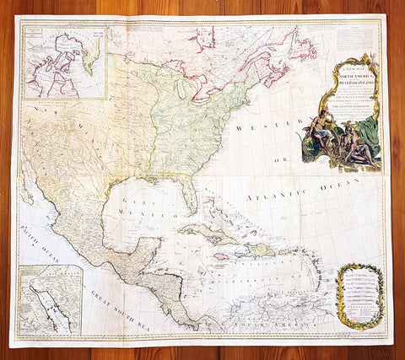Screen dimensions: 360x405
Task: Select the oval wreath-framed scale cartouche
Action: click(360, 295)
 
